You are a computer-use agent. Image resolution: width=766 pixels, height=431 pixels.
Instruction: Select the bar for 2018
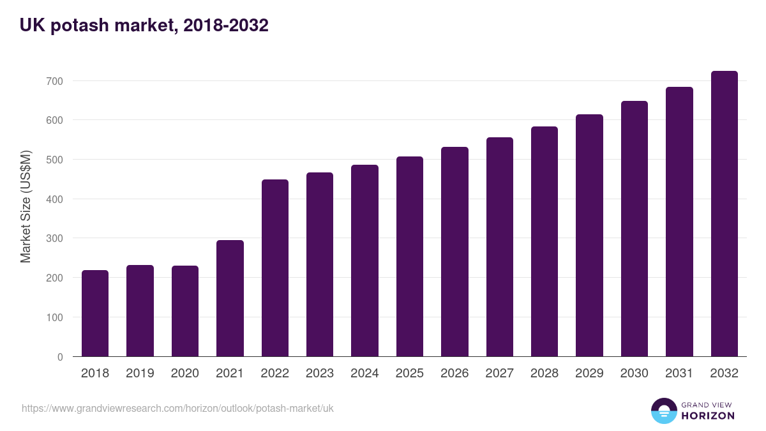tap(95, 313)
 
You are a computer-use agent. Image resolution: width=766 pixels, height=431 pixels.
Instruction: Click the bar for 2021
tap(230, 298)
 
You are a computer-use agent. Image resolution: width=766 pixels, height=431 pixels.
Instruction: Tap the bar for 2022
tap(275, 268)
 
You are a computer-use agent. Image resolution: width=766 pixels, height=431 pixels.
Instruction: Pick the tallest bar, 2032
tap(724, 214)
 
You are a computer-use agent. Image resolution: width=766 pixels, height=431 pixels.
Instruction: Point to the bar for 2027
tap(499, 247)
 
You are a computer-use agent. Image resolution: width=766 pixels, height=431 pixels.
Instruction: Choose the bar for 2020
tap(185, 311)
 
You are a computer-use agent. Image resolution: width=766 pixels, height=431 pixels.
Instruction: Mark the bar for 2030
tap(634, 229)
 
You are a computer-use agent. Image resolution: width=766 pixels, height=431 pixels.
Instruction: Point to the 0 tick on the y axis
tap(60, 357)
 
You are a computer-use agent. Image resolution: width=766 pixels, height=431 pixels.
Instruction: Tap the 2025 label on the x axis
tap(410, 374)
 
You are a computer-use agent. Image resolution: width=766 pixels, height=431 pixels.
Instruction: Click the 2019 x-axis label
tap(140, 374)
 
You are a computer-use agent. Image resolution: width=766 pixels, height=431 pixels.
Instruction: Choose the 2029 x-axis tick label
tap(589, 374)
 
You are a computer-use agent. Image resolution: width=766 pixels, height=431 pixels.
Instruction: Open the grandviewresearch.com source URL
tap(177, 408)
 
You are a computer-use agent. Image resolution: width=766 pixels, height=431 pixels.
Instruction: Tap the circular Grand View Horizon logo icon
tap(664, 411)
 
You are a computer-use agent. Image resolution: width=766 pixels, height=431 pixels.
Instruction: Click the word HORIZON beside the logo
tap(708, 416)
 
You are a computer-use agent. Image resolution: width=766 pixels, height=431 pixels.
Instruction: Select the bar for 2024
tap(364, 261)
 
